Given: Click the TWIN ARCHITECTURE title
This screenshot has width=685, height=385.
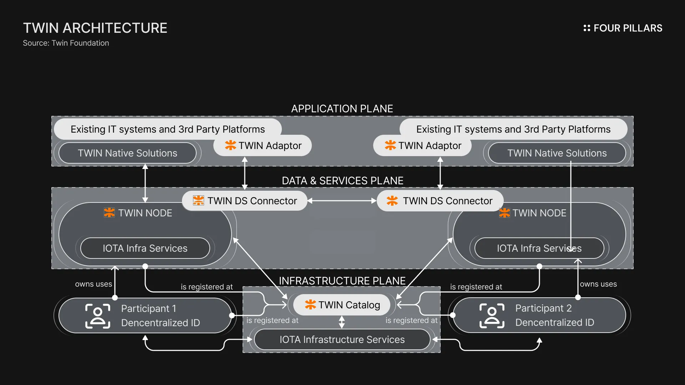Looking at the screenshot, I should [x=95, y=28].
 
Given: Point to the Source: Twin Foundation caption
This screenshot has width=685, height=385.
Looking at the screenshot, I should [x=66, y=43].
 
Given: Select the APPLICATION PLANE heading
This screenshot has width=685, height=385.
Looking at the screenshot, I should [x=342, y=109].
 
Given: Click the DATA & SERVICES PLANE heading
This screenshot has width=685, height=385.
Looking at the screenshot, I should [x=342, y=181].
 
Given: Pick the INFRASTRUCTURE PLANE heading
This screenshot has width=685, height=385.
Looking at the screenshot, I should [x=342, y=281].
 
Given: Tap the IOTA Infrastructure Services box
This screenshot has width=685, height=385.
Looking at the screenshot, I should [x=342, y=339].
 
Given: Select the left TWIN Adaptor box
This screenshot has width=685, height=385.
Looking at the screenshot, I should [x=263, y=145].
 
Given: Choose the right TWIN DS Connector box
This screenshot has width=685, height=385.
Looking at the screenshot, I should [x=440, y=201].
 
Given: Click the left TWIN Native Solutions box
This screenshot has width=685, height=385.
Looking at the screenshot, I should [x=127, y=153].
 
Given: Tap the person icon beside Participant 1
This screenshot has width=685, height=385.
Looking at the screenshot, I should [x=98, y=316].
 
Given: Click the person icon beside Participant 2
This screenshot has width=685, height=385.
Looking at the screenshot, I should [x=492, y=315].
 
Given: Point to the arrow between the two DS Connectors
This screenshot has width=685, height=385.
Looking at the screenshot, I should [x=342, y=201].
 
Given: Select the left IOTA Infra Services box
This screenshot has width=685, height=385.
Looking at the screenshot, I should [x=145, y=248].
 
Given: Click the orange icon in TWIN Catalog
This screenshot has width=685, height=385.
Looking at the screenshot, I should [x=310, y=305].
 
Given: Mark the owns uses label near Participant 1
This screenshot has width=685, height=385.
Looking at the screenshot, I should [x=93, y=284].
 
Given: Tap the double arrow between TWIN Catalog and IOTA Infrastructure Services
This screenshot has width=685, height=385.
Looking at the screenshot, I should [x=342, y=322].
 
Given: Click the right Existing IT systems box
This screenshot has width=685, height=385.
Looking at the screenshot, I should [x=513, y=129].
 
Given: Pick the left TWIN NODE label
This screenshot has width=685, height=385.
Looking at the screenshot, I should [x=145, y=213].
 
